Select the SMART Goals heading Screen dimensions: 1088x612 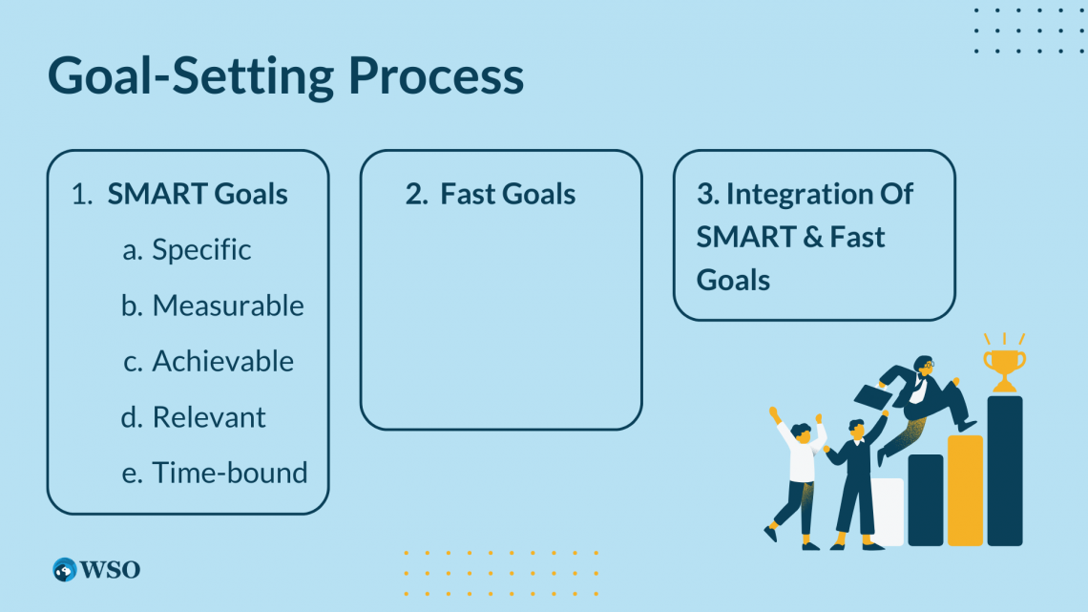click(x=197, y=194)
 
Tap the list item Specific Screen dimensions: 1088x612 click(x=201, y=250)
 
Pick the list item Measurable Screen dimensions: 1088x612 click(x=227, y=306)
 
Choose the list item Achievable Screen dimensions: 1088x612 click(x=222, y=361)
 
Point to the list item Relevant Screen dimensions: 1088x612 click(x=209, y=417)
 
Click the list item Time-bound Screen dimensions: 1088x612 click(x=230, y=473)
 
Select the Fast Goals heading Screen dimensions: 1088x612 click(x=508, y=194)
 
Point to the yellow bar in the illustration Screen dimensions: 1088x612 click(x=965, y=491)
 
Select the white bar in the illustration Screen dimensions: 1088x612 click(x=889, y=512)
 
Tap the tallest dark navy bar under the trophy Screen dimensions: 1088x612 click(x=1005, y=471)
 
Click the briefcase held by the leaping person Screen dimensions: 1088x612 click(x=873, y=397)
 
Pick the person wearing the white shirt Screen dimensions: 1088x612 click(x=798, y=477)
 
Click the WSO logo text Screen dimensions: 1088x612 click(x=111, y=570)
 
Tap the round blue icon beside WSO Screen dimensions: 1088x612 click(x=65, y=570)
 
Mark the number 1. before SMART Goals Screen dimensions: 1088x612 click(x=82, y=194)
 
